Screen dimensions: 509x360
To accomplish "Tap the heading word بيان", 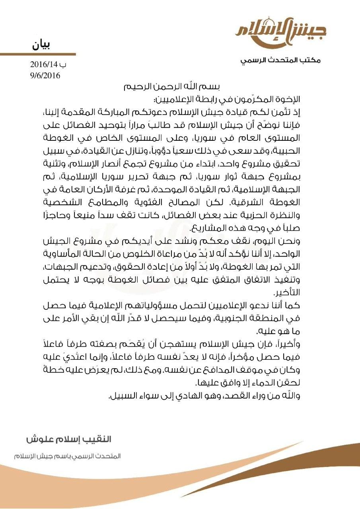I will coord(41,45).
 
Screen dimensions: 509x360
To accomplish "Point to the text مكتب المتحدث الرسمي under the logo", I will coord(280,61).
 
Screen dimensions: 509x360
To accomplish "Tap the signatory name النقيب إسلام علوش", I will coord(69,439).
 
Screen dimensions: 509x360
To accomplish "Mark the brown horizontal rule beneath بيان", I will coord(38,54).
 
